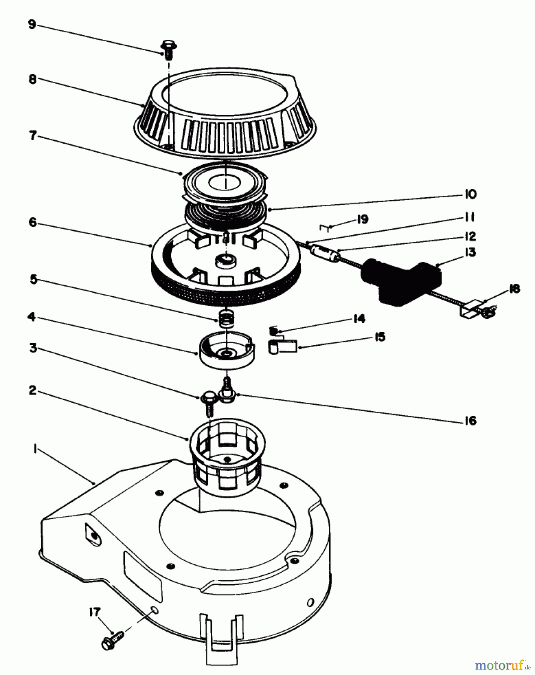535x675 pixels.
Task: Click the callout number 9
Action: pyautogui.click(x=32, y=25)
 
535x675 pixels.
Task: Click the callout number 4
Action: pyautogui.click(x=32, y=317)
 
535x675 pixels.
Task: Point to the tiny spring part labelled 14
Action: pyautogui.click(x=273, y=331)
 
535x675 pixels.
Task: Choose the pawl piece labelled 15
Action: pyautogui.click(x=283, y=345)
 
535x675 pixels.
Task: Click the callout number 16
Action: pyautogui.click(x=469, y=420)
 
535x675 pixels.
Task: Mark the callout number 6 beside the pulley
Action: pyautogui.click(x=32, y=222)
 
